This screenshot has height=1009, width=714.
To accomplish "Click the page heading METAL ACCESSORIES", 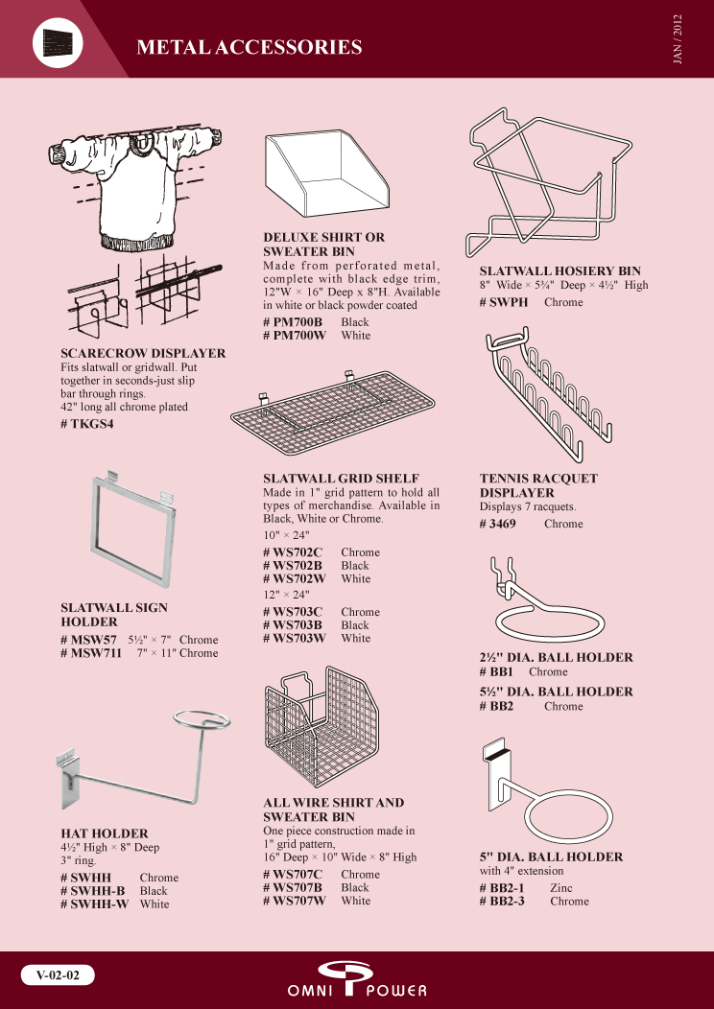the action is pos(250,47).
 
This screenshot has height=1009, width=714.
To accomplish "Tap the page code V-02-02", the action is pos(58,975).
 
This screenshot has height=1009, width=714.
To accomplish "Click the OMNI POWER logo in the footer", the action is pos(357,979).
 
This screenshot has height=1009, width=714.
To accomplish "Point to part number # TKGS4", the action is pos(87,423).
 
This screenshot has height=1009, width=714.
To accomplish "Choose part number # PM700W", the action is pos(295,336).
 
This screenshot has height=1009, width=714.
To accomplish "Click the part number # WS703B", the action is pos(293,624).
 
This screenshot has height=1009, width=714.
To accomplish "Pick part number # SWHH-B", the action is pos(93,891).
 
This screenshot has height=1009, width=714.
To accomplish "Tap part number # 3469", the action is pos(498,524).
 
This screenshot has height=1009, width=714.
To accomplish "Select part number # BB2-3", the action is pos(502,901).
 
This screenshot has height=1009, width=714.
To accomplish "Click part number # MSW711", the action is pos(91,653).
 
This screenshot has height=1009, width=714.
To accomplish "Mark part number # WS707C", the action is pos(293,875).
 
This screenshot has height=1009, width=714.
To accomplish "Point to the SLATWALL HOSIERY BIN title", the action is pos(560,271).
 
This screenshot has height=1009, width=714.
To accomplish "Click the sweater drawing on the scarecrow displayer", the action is pos(134,187).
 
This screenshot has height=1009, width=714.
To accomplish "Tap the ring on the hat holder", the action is pos(202,711).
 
